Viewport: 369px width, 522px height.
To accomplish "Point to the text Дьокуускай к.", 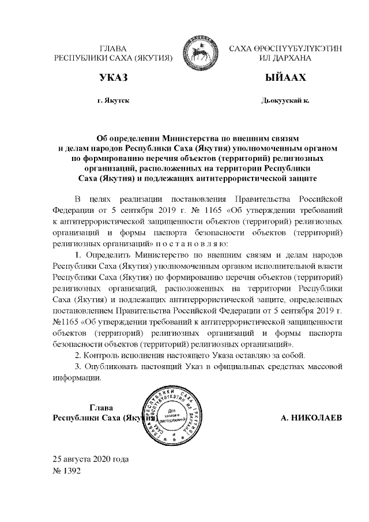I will tap(285, 101).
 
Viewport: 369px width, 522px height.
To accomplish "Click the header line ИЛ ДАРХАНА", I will tap(285, 58).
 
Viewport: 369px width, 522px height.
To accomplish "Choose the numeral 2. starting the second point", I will tap(80, 354).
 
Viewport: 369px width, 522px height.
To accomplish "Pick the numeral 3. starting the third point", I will tap(80, 365).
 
